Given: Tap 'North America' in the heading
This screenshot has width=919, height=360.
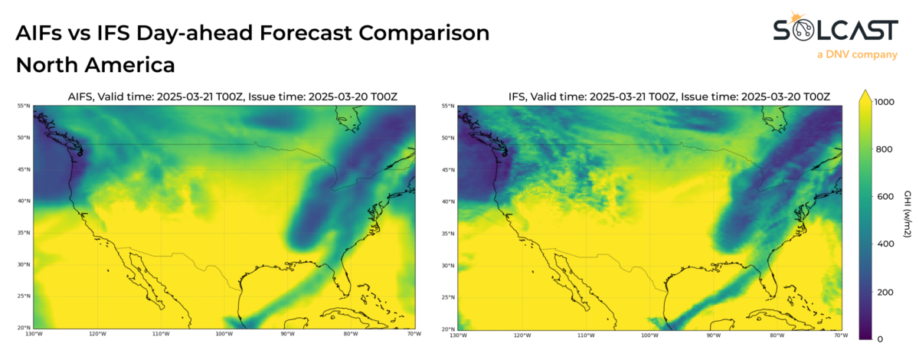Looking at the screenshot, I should point(95,65).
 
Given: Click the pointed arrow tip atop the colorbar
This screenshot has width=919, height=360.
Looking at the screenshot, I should point(865,93).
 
